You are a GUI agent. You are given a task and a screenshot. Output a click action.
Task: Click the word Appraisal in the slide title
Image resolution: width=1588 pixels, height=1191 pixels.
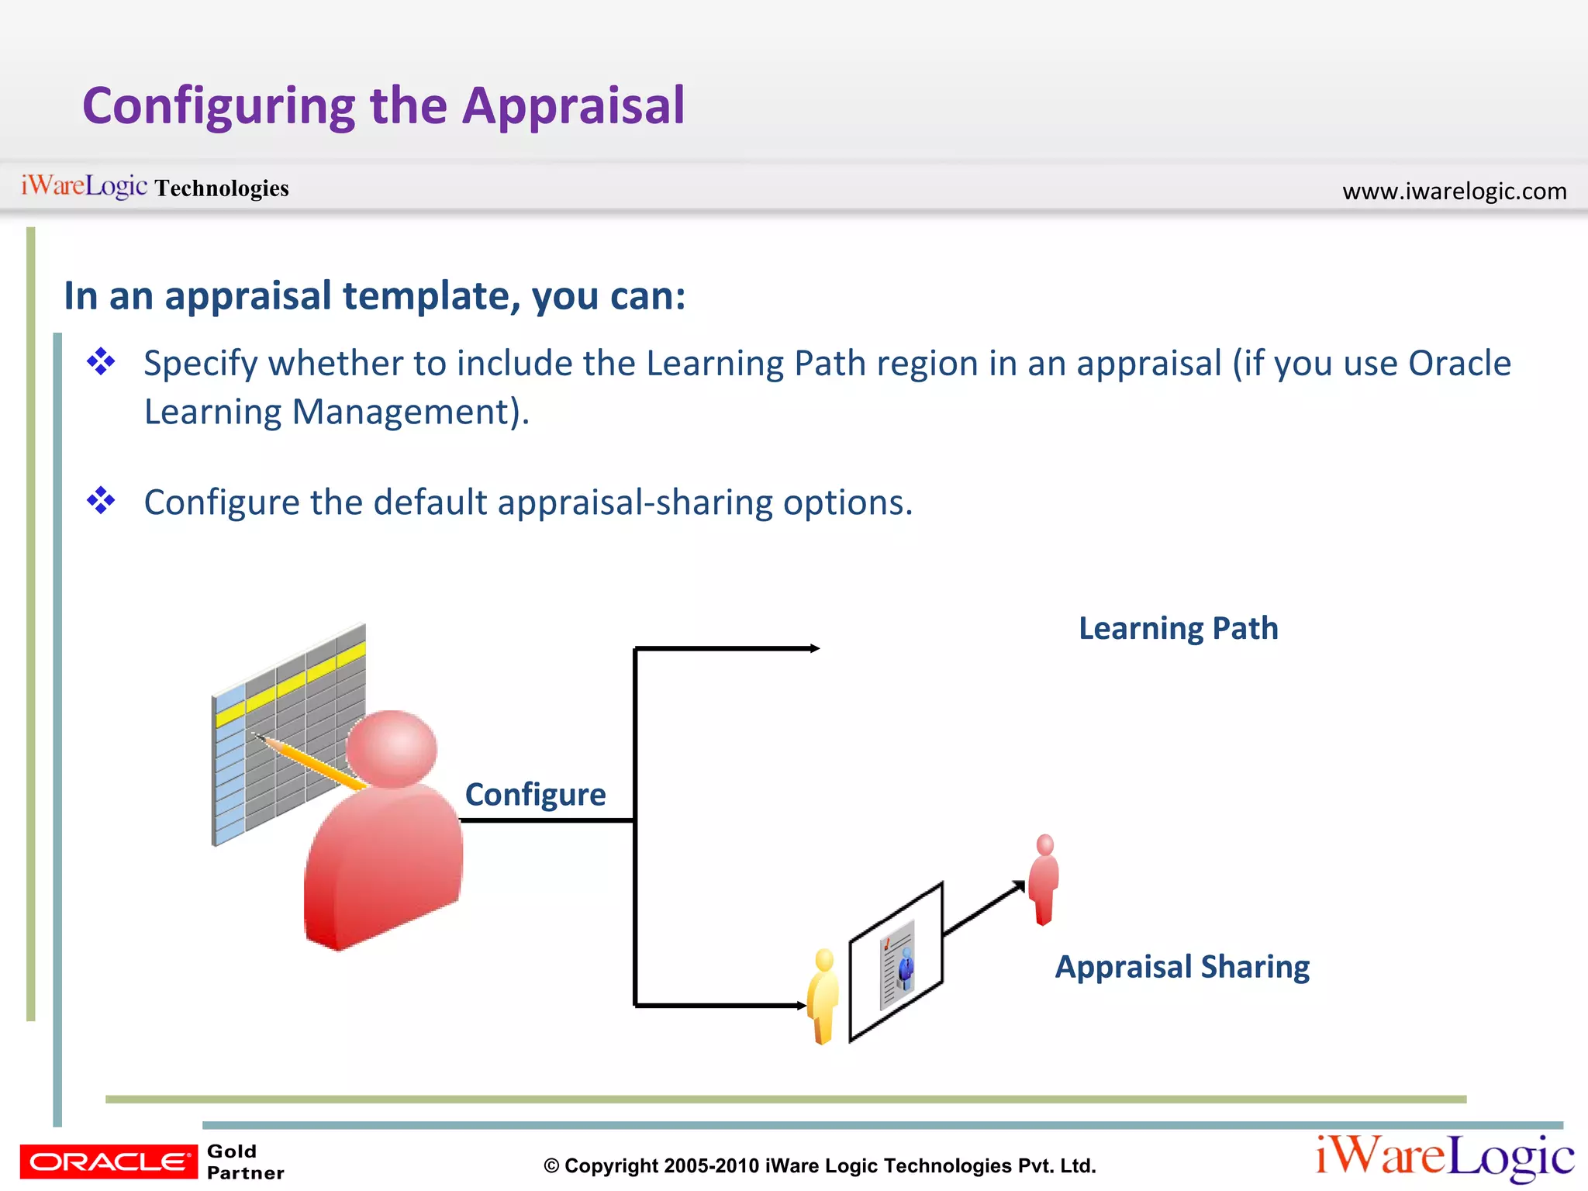coord(573,106)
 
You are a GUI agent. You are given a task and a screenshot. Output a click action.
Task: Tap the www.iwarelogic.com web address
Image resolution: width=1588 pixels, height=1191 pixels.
coord(1454,191)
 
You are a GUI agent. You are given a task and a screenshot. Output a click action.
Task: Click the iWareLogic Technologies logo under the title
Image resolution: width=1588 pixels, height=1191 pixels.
coord(154,187)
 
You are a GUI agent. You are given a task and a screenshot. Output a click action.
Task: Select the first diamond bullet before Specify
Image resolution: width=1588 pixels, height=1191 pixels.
coord(101,361)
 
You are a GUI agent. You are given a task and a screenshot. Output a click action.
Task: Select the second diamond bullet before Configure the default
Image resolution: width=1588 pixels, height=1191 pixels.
coord(101,500)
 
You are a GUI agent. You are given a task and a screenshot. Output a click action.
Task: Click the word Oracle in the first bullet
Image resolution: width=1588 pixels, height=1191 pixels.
coord(1459,363)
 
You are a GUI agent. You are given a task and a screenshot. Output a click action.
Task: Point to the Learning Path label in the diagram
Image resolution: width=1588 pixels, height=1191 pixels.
coord(1178,628)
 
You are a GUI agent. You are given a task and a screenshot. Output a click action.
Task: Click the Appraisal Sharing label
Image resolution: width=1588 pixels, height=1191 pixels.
coord(1182,967)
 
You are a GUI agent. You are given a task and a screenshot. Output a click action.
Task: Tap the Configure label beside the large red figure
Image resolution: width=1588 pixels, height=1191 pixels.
coord(535,795)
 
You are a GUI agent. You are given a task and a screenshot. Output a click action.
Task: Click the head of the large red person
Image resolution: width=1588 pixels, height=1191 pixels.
coord(392,749)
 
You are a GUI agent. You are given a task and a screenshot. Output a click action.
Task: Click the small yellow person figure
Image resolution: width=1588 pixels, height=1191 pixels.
coord(823,996)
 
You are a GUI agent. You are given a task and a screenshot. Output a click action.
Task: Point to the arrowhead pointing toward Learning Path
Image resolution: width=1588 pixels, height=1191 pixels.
coord(814,648)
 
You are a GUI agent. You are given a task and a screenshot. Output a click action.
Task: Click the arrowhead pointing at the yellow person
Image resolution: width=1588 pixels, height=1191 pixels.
coord(801,1006)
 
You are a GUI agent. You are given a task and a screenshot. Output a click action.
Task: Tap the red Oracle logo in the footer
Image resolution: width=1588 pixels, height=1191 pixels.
coord(109,1162)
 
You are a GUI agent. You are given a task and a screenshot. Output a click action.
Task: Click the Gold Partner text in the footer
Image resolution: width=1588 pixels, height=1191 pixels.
coord(245,1162)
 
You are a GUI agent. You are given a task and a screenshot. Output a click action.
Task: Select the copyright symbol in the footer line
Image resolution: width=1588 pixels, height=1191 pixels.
coord(551,1166)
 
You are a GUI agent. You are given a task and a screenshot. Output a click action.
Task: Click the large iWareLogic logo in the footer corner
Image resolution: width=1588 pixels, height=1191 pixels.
coord(1444,1158)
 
